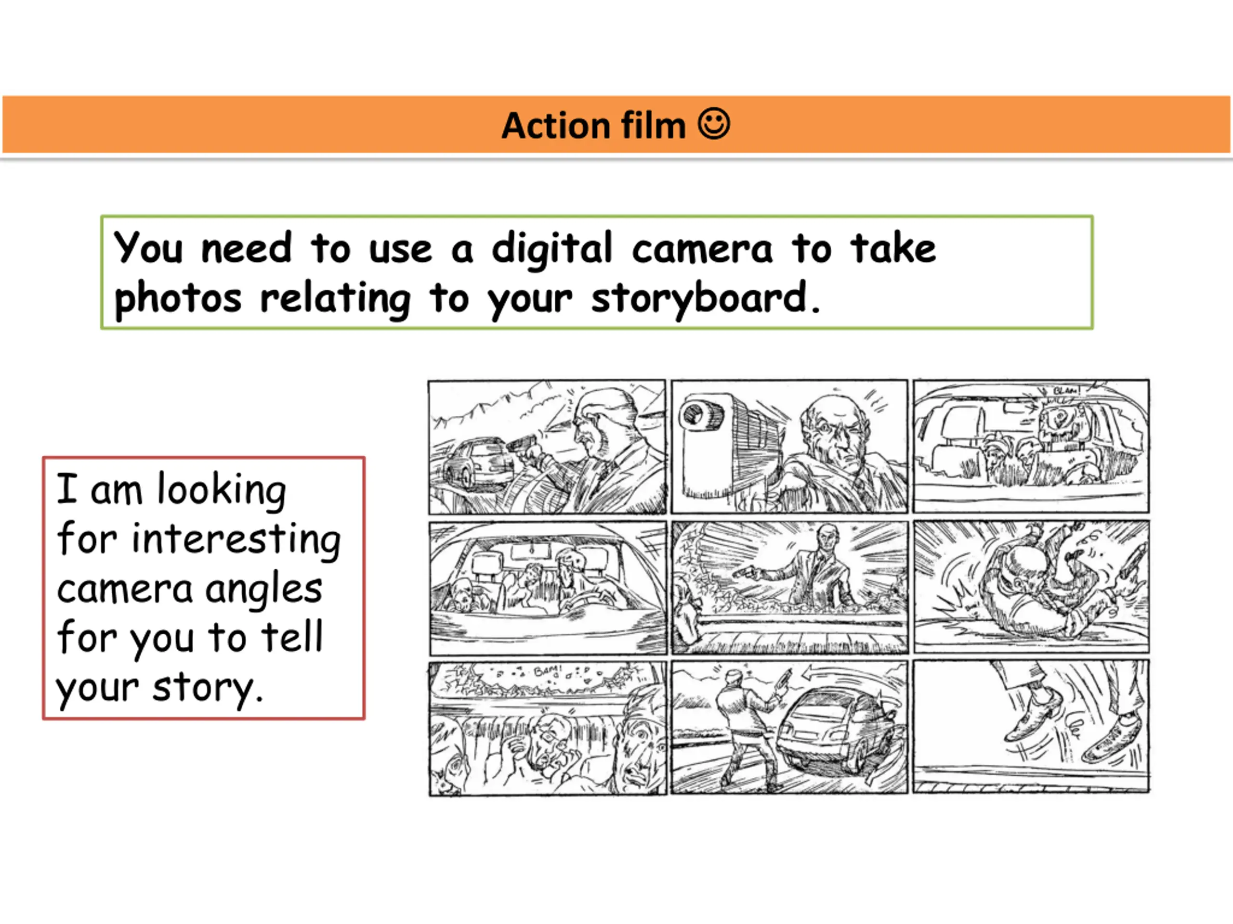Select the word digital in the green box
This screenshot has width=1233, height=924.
click(x=552, y=249)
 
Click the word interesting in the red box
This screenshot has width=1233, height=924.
click(x=236, y=541)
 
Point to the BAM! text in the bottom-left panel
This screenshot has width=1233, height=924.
click(x=549, y=671)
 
